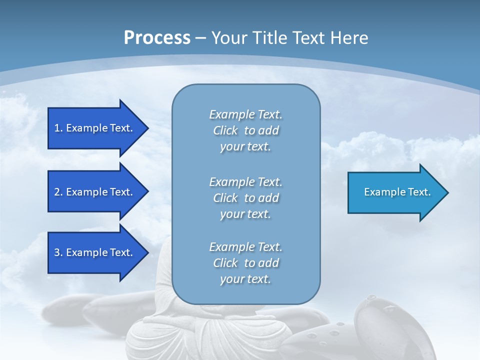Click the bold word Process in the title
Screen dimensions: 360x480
pyautogui.click(x=157, y=38)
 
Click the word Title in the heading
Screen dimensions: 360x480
pyautogui.click(x=269, y=38)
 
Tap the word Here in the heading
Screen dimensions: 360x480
pyautogui.click(x=349, y=38)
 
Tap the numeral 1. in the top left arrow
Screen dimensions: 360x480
pyautogui.click(x=58, y=128)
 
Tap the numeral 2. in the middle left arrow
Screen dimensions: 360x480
pyautogui.click(x=58, y=192)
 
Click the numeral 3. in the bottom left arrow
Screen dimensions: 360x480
pyautogui.click(x=58, y=252)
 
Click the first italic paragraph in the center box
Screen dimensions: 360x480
pyautogui.click(x=245, y=130)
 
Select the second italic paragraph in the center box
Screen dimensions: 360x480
pyautogui.click(x=245, y=198)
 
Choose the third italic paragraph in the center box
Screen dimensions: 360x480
pyautogui.click(x=245, y=263)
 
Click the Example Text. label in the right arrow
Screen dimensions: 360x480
pyautogui.click(x=397, y=192)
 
